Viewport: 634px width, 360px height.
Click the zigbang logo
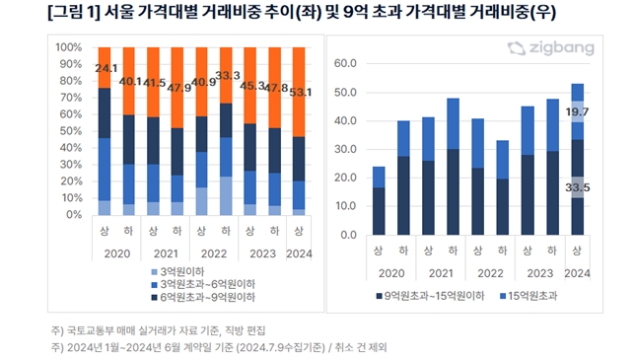coord(551,48)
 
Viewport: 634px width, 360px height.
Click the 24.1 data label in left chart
coord(106,68)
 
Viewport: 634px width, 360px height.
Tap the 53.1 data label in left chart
coord(301,93)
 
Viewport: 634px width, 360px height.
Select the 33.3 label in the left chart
coord(228,76)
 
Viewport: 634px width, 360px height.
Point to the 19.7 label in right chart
coord(577,112)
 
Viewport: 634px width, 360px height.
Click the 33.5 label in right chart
coord(577,187)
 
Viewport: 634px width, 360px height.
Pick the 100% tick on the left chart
coord(69,47)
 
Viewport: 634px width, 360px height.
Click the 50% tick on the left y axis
coord(71,131)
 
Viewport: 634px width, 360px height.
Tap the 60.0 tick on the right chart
coord(345,63)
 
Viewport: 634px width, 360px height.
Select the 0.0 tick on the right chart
coord(348,235)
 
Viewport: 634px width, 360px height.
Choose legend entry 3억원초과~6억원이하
coord(203,284)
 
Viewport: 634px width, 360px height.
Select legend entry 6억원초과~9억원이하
coord(203,297)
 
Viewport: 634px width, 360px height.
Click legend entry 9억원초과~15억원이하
coord(430,296)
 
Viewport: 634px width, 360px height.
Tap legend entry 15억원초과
coord(528,296)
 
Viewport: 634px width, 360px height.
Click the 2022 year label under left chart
coord(214,254)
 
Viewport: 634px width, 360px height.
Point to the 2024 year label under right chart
coord(577,274)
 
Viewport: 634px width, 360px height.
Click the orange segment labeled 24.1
coord(105,67)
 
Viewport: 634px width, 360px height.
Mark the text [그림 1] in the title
coord(73,13)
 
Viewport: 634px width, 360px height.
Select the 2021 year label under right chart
coord(441,274)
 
